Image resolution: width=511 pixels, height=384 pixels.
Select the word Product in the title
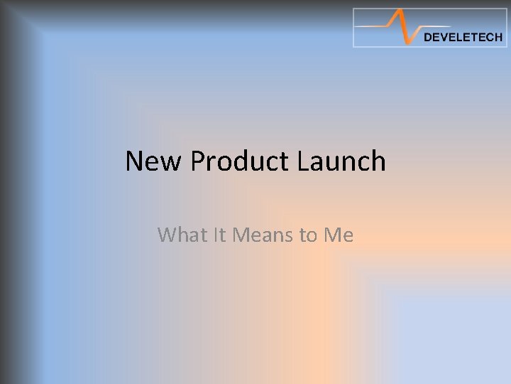pos(240,162)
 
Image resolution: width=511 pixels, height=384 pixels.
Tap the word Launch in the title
pos(341,162)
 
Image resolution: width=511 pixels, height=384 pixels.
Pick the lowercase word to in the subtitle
pos(308,235)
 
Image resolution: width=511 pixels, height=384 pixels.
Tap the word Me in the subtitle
pos(339,234)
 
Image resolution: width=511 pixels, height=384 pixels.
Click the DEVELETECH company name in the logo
pos(463,38)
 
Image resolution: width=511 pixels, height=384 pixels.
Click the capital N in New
pos(134,161)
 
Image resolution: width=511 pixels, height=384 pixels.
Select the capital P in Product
pos(197,161)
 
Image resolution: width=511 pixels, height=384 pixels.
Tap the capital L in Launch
pos(304,161)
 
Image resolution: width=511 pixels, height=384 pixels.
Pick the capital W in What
pos(167,234)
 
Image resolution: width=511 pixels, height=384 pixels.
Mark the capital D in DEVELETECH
pos(427,38)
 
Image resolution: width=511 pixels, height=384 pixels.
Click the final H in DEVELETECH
pos(498,38)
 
